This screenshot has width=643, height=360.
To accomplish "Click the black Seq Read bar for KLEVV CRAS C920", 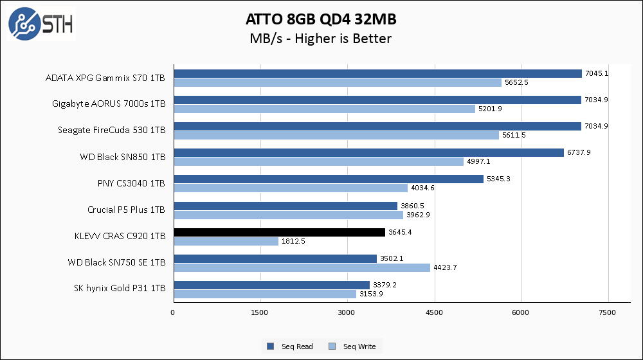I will [x=279, y=233].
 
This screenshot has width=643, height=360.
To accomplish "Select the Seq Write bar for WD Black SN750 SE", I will [x=301, y=267].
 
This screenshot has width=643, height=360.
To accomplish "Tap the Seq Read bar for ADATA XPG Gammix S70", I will [x=377, y=74].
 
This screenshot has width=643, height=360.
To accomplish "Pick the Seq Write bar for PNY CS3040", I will [x=290, y=188].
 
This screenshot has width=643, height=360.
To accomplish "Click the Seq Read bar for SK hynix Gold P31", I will [x=271, y=285].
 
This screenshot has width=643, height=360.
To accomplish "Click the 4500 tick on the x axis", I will [x=434, y=312].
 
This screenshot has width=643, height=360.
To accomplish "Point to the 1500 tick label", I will [x=260, y=312].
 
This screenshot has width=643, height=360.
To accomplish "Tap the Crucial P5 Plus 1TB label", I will [x=126, y=210].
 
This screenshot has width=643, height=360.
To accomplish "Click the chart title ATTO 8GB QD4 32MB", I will [x=321, y=17].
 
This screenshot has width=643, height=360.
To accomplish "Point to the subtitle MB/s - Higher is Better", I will [x=321, y=39].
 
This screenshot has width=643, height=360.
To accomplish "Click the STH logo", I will [x=41, y=23].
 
